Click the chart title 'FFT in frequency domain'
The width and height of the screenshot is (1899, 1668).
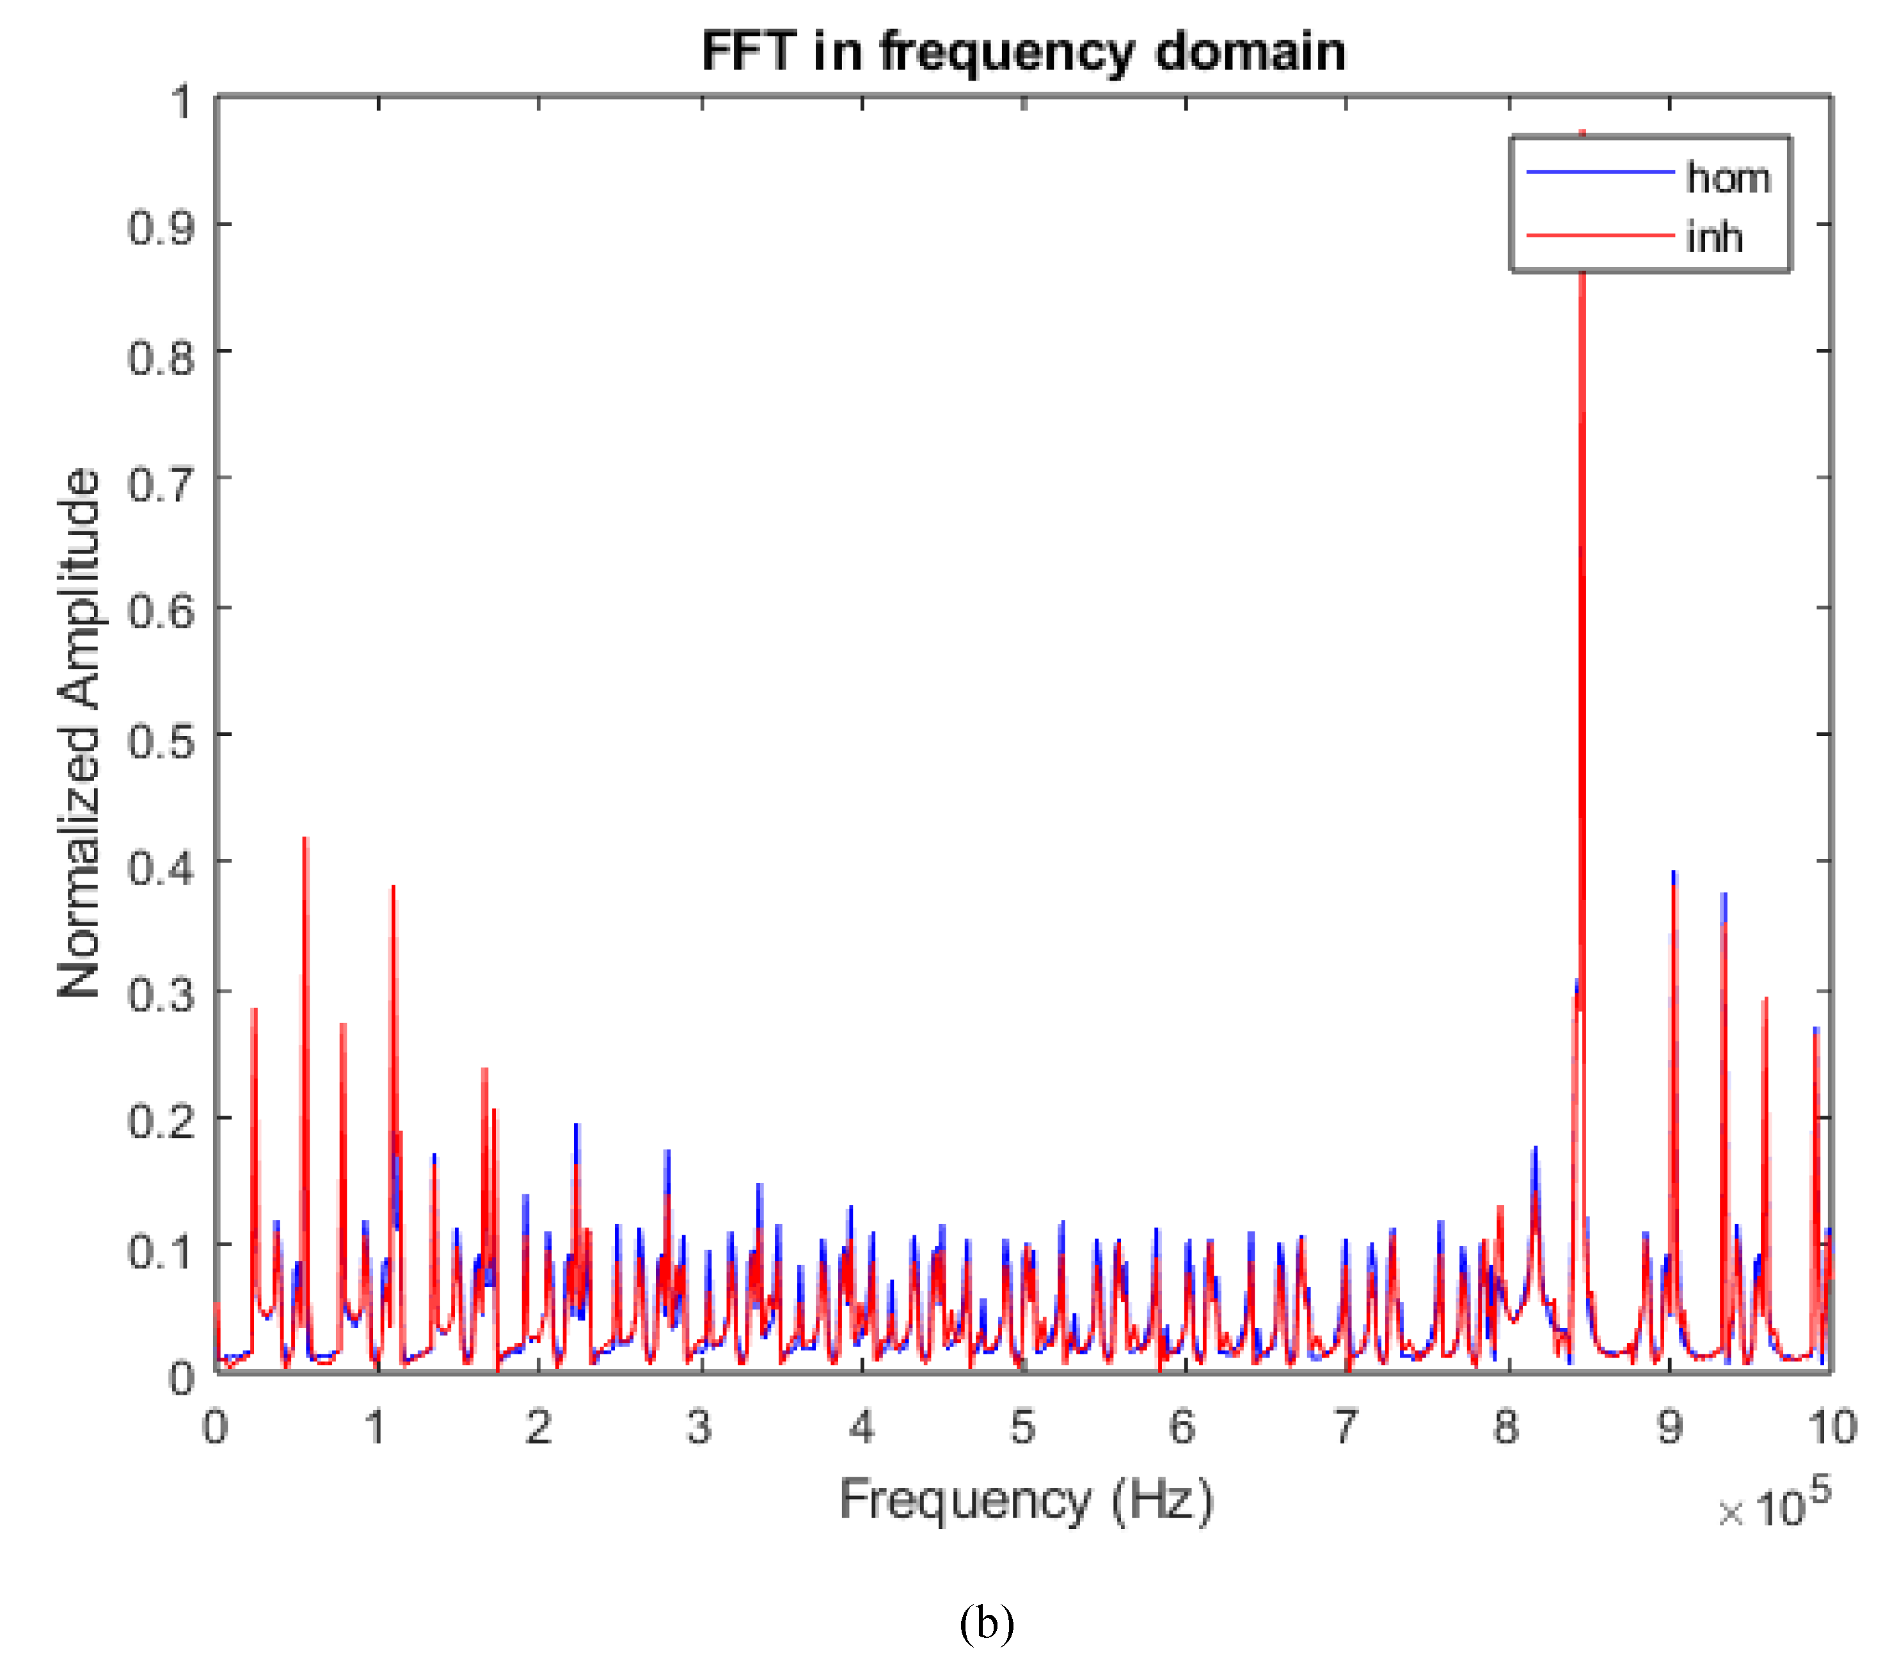[x=1023, y=51]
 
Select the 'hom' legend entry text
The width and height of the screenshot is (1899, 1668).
[x=1728, y=177]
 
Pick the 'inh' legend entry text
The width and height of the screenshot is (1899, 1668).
[x=1714, y=238]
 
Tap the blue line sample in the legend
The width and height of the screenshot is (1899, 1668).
[x=1600, y=172]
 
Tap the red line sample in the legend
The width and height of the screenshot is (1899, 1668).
[x=1600, y=234]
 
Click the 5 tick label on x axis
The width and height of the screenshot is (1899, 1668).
[x=1023, y=1427]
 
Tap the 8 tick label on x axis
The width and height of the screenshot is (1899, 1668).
[x=1507, y=1427]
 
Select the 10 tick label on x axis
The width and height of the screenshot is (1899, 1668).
[x=1831, y=1427]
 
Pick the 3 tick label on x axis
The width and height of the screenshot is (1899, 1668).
[x=699, y=1427]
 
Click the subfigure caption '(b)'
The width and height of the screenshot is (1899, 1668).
[x=987, y=1623]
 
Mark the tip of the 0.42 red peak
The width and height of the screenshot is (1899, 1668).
[x=306, y=839]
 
